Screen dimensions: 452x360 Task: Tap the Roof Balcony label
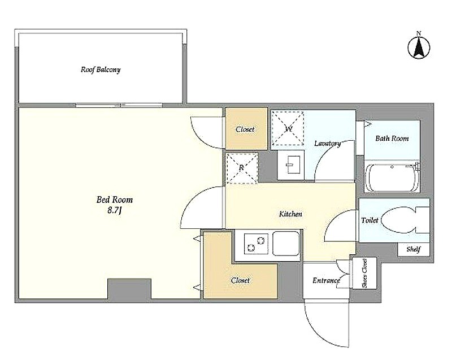coord(101,70)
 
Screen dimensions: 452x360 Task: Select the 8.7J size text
coord(115,210)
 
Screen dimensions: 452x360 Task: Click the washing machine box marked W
coord(288,128)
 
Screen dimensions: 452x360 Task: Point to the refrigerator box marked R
coord(242,168)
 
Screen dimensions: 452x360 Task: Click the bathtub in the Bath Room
coord(392,177)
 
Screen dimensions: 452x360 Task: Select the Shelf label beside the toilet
coord(414,249)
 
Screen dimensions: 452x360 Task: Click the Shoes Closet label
coord(364,273)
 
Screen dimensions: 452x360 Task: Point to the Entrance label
coord(327,280)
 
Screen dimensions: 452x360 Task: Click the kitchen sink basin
coord(286,244)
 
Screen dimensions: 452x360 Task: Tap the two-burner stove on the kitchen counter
coord(256,244)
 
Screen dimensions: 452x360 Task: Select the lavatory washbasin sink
coord(290,165)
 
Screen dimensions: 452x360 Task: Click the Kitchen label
coord(290,214)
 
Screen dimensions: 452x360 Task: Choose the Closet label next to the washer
coord(245,129)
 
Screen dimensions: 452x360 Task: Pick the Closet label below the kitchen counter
coord(240,280)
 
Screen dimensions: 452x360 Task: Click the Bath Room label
coord(392,138)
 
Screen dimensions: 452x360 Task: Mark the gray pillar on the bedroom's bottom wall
coord(129,289)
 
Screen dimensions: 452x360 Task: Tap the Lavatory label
coord(328,143)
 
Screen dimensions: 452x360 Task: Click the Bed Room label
coord(115,199)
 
